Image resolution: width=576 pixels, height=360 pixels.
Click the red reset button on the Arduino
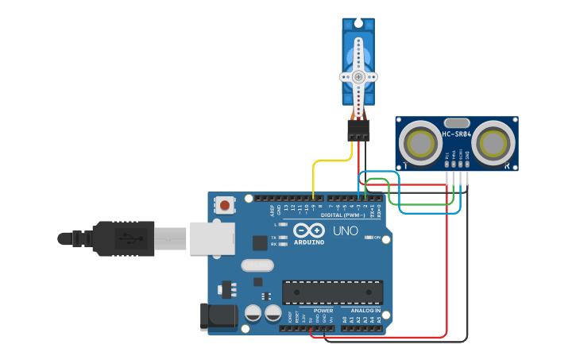point(225,206)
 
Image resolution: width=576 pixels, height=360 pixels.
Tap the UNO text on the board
point(346,231)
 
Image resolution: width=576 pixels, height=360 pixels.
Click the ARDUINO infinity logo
point(308,230)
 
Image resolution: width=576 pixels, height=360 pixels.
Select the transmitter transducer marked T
point(419,143)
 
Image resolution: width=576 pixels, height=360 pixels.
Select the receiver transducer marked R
point(495,143)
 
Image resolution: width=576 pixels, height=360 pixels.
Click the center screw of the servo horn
point(358,77)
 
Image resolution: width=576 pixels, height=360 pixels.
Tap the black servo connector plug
point(358,130)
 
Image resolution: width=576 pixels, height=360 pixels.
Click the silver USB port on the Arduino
point(212,238)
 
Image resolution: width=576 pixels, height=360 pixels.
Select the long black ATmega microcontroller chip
point(332,292)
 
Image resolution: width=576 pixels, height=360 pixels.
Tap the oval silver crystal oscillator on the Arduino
point(257,265)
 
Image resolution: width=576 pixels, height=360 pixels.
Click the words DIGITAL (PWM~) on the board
point(343,215)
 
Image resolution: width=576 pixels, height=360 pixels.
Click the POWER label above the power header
point(323,310)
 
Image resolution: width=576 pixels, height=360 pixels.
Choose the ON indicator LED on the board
point(367,238)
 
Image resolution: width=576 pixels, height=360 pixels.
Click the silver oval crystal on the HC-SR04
point(457,122)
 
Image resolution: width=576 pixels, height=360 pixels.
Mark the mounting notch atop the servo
point(358,22)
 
